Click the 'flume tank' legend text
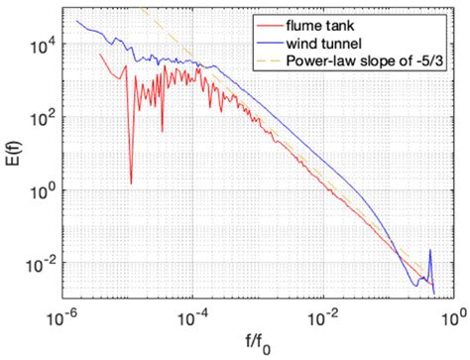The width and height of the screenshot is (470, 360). pos(324,23)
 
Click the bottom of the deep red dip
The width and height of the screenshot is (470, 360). pos(130,182)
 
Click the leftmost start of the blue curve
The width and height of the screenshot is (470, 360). pos(77,17)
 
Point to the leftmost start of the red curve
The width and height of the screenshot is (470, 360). pos(102,55)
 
